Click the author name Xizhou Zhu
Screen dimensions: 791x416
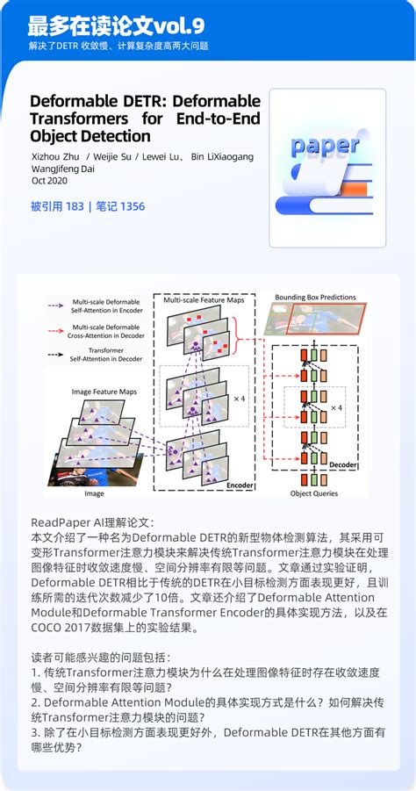coord(55,156)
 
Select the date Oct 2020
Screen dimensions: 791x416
coord(50,181)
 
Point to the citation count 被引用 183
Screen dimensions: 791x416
coord(57,207)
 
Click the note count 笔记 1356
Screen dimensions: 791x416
coord(118,207)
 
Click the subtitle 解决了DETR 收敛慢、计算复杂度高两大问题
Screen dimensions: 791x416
coord(118,45)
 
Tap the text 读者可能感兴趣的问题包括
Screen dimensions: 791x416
coord(101,657)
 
